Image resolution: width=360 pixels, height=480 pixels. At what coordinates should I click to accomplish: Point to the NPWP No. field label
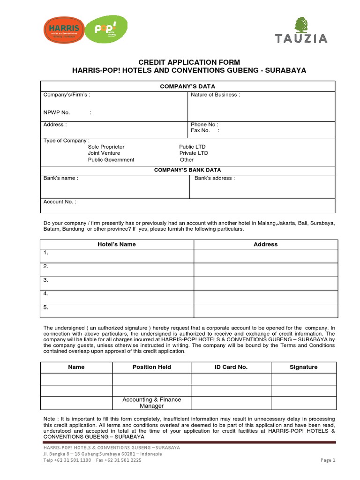click(x=57, y=112)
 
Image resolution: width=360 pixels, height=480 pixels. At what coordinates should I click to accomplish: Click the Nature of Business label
click(x=215, y=95)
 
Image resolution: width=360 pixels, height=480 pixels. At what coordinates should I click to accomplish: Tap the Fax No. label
click(x=200, y=131)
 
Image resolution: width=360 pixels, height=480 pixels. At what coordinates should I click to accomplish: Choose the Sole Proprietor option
click(x=106, y=147)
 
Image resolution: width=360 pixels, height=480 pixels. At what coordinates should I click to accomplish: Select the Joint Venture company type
click(x=104, y=153)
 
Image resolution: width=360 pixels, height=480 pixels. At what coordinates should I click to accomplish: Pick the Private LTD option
click(x=193, y=153)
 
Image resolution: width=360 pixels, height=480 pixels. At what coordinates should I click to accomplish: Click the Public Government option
click(x=111, y=160)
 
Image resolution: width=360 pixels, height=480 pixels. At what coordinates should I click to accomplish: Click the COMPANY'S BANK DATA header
click(x=187, y=170)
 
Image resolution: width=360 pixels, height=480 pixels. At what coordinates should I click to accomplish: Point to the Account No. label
click(x=60, y=202)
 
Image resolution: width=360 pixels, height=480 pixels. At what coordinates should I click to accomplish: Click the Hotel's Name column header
click(x=117, y=244)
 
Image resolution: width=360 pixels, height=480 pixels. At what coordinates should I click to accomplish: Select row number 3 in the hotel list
click(x=46, y=280)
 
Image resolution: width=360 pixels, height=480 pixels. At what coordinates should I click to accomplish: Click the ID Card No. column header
click(x=231, y=367)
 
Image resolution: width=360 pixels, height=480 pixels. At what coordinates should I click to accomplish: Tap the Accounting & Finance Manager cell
click(x=151, y=403)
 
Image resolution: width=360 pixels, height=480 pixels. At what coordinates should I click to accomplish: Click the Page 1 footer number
click(x=328, y=460)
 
